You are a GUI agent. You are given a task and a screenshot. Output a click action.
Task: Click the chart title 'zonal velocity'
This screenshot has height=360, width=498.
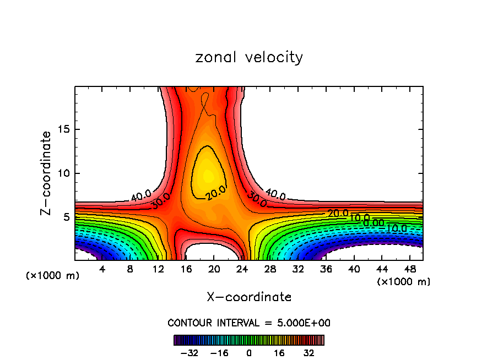(x=249, y=57)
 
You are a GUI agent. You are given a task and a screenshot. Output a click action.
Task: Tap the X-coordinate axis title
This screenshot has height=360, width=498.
(x=249, y=297)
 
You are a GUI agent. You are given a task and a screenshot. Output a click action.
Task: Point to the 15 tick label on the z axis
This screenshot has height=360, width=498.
(x=63, y=129)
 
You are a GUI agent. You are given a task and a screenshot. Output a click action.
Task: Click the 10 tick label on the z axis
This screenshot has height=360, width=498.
(x=63, y=173)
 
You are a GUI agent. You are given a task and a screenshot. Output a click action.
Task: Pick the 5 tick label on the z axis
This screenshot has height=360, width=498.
(x=66, y=217)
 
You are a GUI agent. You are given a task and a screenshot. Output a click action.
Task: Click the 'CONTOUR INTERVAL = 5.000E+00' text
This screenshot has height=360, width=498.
(x=249, y=323)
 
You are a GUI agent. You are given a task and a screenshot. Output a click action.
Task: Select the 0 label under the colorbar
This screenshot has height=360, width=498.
(x=249, y=352)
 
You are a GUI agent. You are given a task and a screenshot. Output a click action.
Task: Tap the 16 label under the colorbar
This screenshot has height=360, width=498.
(x=279, y=352)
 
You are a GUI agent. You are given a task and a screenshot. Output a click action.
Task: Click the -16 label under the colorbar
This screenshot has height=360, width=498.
(x=219, y=352)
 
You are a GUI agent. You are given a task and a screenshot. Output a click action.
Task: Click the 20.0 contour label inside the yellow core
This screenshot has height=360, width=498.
(x=215, y=193)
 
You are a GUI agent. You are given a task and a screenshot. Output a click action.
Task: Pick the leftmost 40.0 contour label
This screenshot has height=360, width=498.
(x=140, y=195)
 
